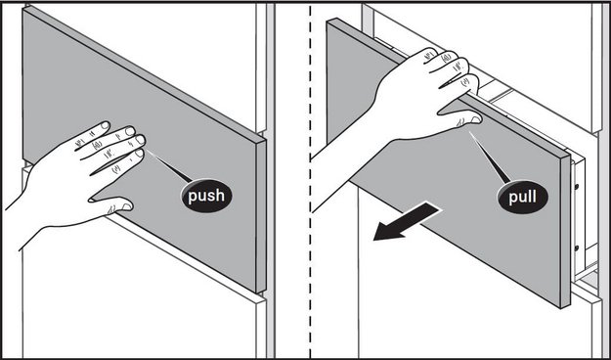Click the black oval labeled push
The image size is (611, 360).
pyautogui.click(x=206, y=196)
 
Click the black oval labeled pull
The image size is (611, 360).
pyautogui.click(x=523, y=197)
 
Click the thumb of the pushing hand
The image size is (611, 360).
pyautogui.click(x=113, y=203)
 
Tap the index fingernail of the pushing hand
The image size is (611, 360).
pyautogui.click(x=105, y=125)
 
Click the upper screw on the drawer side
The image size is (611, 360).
pyautogui.click(x=577, y=187)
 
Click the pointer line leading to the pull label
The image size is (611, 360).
pyautogui.click(x=490, y=157)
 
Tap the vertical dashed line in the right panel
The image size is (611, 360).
pyautogui.click(x=310, y=180)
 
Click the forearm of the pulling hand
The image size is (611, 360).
pyautogui.click(x=343, y=156)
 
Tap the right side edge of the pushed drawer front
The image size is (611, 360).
pyautogui.click(x=261, y=216)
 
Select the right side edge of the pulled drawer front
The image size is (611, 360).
pyautogui.click(x=565, y=230)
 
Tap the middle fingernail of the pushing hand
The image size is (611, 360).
pyautogui.click(x=130, y=131)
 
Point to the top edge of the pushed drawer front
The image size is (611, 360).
pyautogui.click(x=145, y=74)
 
